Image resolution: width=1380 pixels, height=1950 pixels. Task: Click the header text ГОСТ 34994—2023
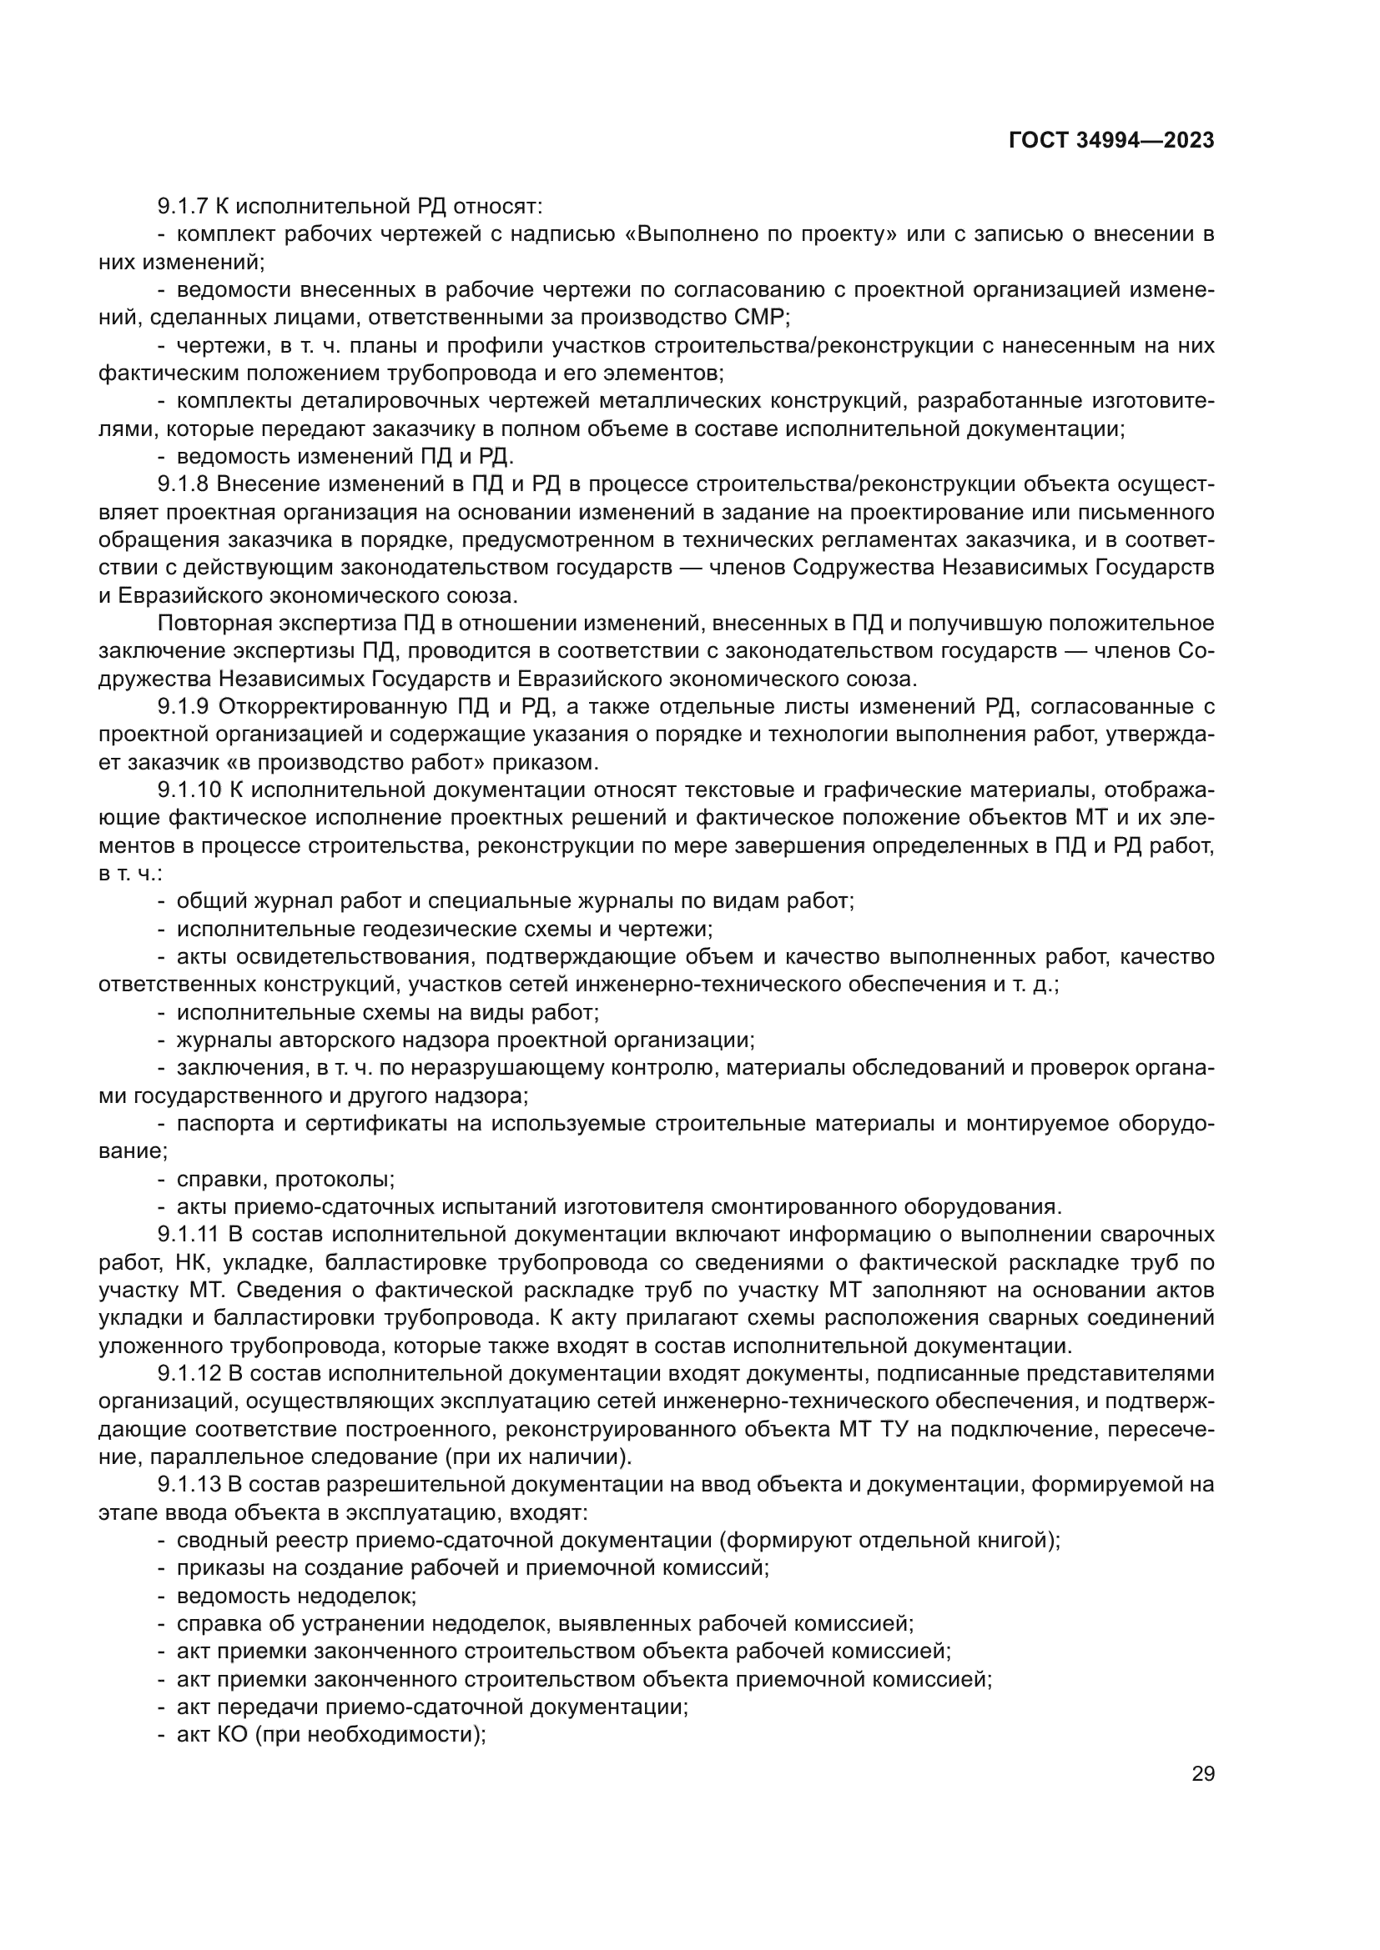point(1111,141)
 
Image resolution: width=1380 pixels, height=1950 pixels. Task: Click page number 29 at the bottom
point(1202,1773)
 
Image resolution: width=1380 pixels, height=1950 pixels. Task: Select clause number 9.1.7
point(182,207)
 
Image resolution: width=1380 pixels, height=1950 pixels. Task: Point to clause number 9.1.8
point(182,484)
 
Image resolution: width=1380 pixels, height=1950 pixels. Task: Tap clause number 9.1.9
point(182,707)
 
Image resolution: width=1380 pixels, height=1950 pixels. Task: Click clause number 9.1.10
point(189,790)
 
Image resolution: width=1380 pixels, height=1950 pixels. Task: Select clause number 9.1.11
point(187,1234)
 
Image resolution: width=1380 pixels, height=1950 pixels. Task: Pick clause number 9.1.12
point(189,1373)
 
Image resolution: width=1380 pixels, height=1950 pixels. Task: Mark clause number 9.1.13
point(189,1485)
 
